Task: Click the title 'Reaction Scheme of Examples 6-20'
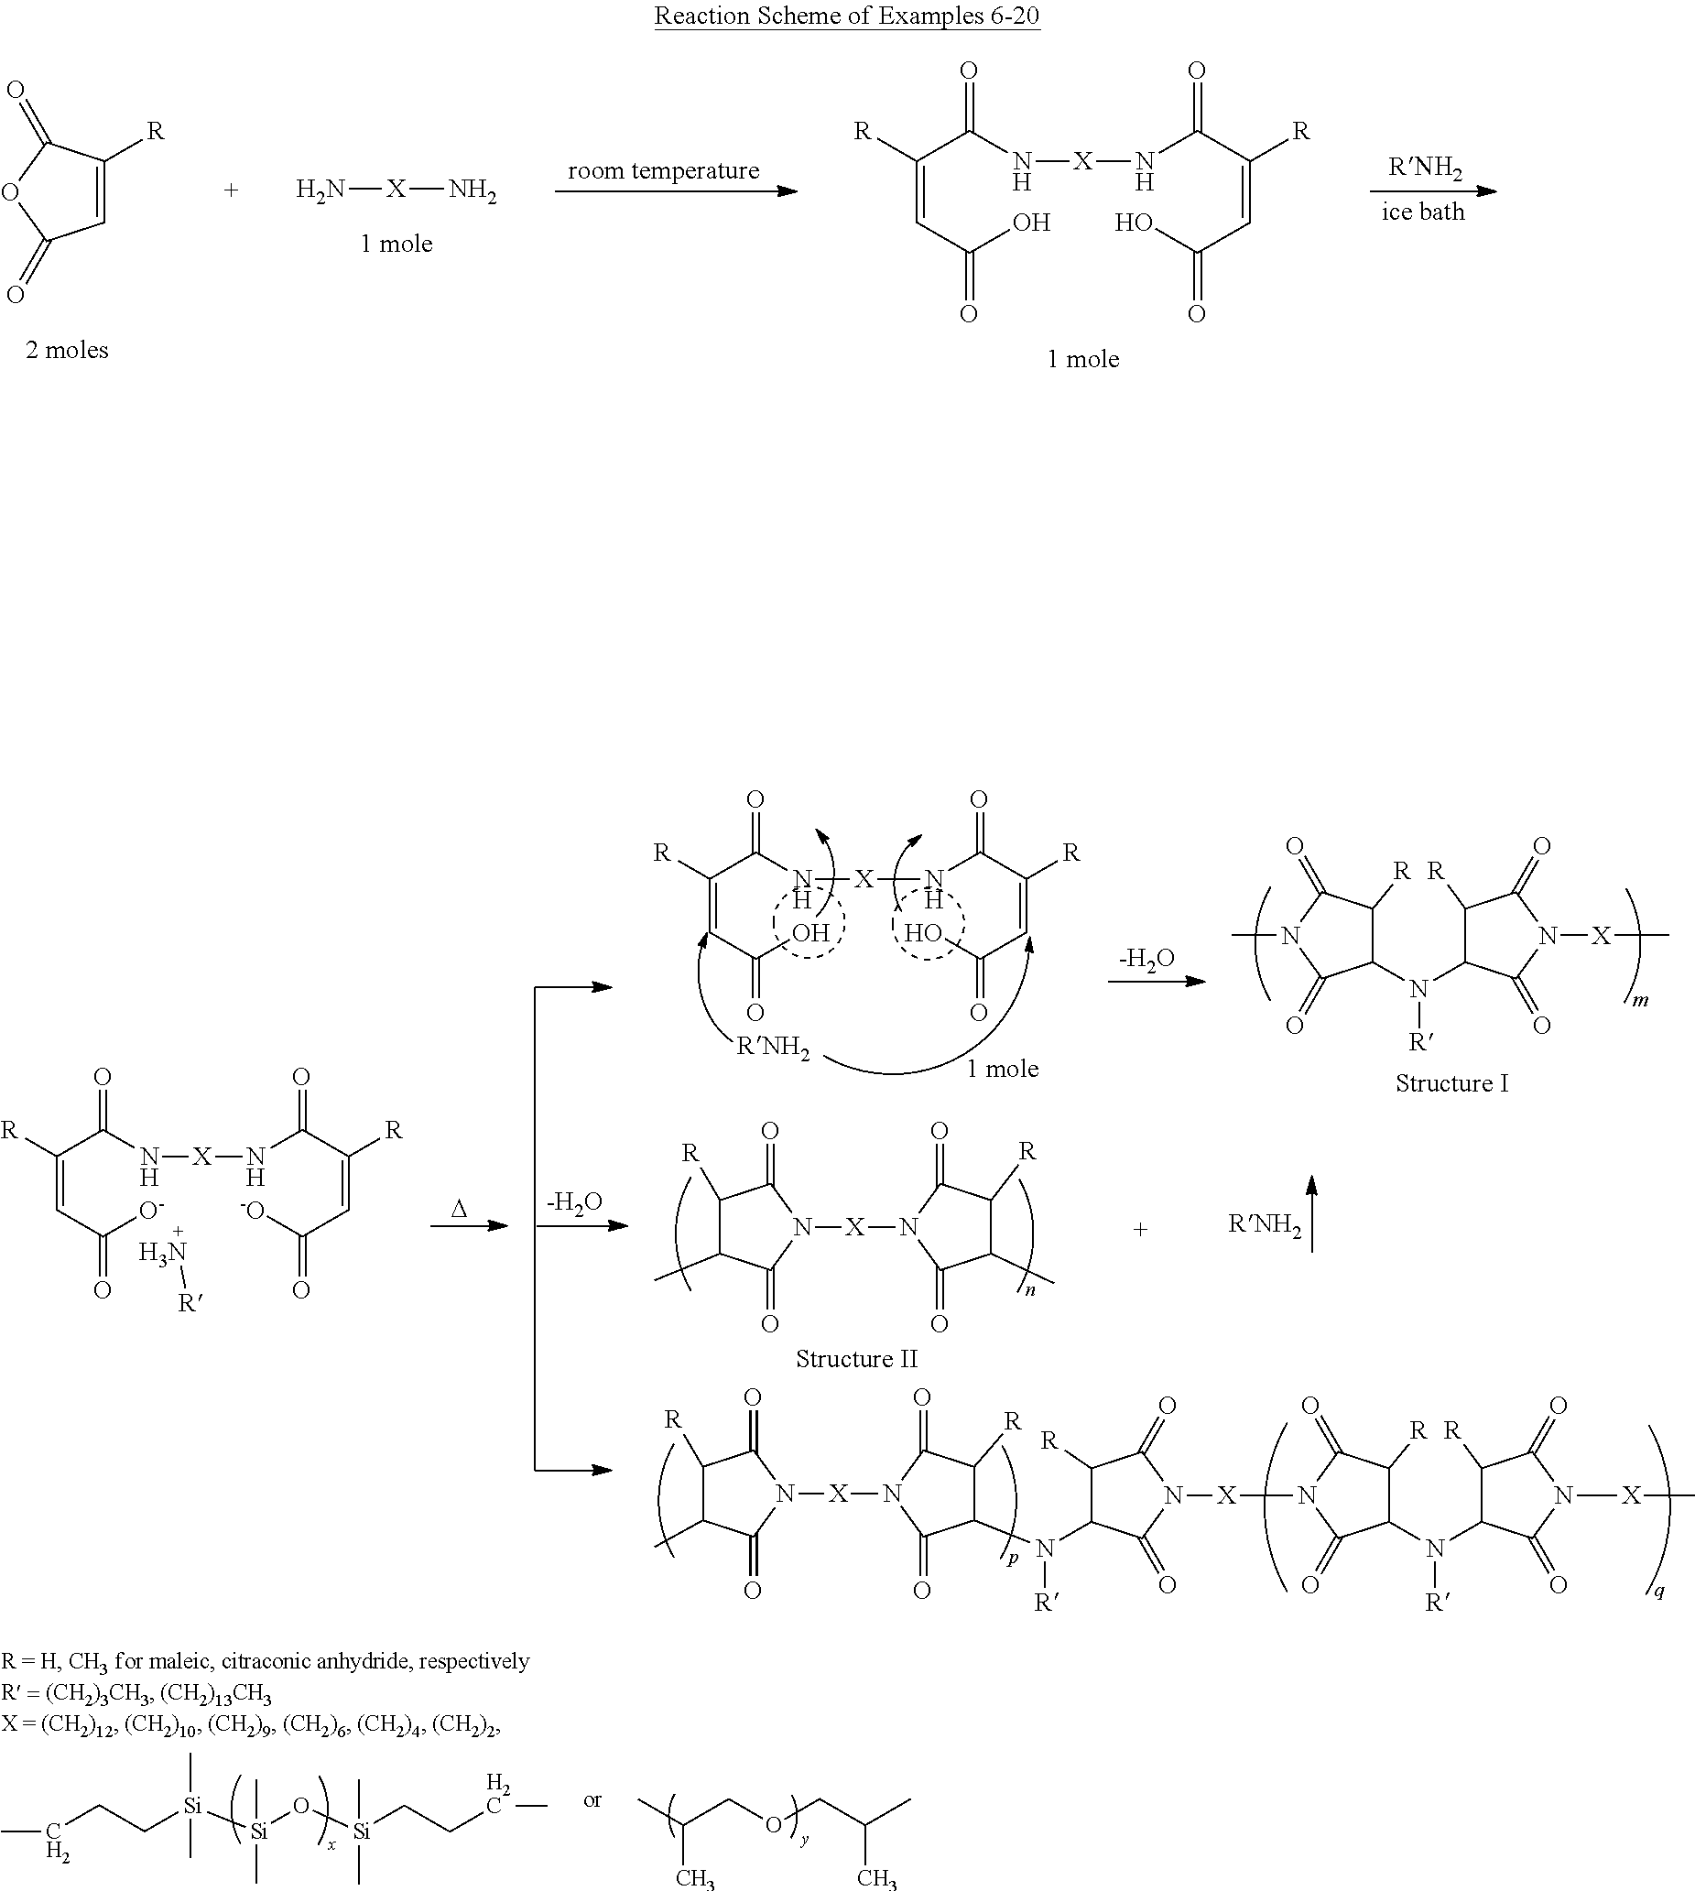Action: [846, 16]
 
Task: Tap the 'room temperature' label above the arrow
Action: [663, 171]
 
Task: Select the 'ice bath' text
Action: [1422, 212]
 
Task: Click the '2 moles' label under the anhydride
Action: [67, 350]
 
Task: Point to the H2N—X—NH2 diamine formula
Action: [396, 190]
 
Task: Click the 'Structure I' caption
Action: [1451, 1083]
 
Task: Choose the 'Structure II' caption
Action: [856, 1359]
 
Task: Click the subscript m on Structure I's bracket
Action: [1641, 1001]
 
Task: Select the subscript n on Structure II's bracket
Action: [1030, 1290]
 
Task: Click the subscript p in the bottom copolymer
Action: [1013, 1557]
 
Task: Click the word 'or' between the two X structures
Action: [592, 1800]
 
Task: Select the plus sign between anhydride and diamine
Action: [231, 190]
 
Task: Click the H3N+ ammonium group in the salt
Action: [163, 1253]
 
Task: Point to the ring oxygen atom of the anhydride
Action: [10, 193]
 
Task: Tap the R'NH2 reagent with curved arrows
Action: [772, 1048]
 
